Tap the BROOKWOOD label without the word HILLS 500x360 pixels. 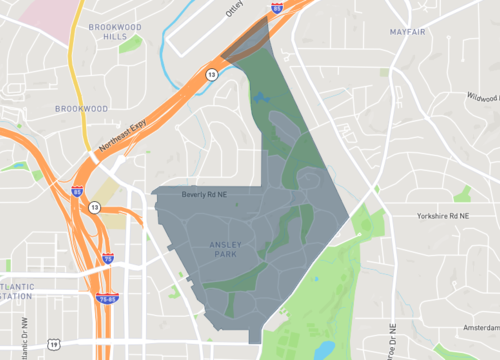(x=81, y=107)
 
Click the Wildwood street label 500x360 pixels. (x=481, y=98)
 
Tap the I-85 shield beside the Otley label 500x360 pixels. (x=277, y=7)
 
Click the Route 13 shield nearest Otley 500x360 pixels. (x=212, y=74)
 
